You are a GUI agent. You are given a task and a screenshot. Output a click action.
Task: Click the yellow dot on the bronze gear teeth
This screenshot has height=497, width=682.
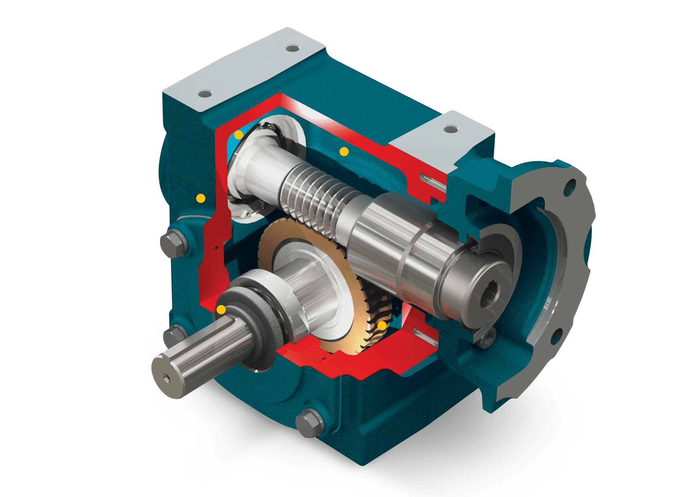click(382, 325)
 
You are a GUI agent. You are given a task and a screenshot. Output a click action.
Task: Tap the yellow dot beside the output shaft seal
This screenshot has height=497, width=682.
click(221, 310)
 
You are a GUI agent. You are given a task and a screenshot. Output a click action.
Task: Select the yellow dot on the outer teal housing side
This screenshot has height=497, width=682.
click(201, 198)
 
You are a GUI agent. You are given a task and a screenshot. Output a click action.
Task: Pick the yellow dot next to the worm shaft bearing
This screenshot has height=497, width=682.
click(239, 135)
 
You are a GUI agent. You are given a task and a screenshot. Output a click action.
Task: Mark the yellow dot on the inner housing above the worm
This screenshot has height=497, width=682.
click(344, 151)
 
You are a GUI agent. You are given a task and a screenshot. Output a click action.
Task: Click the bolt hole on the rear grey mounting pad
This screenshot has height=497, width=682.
click(292, 48)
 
